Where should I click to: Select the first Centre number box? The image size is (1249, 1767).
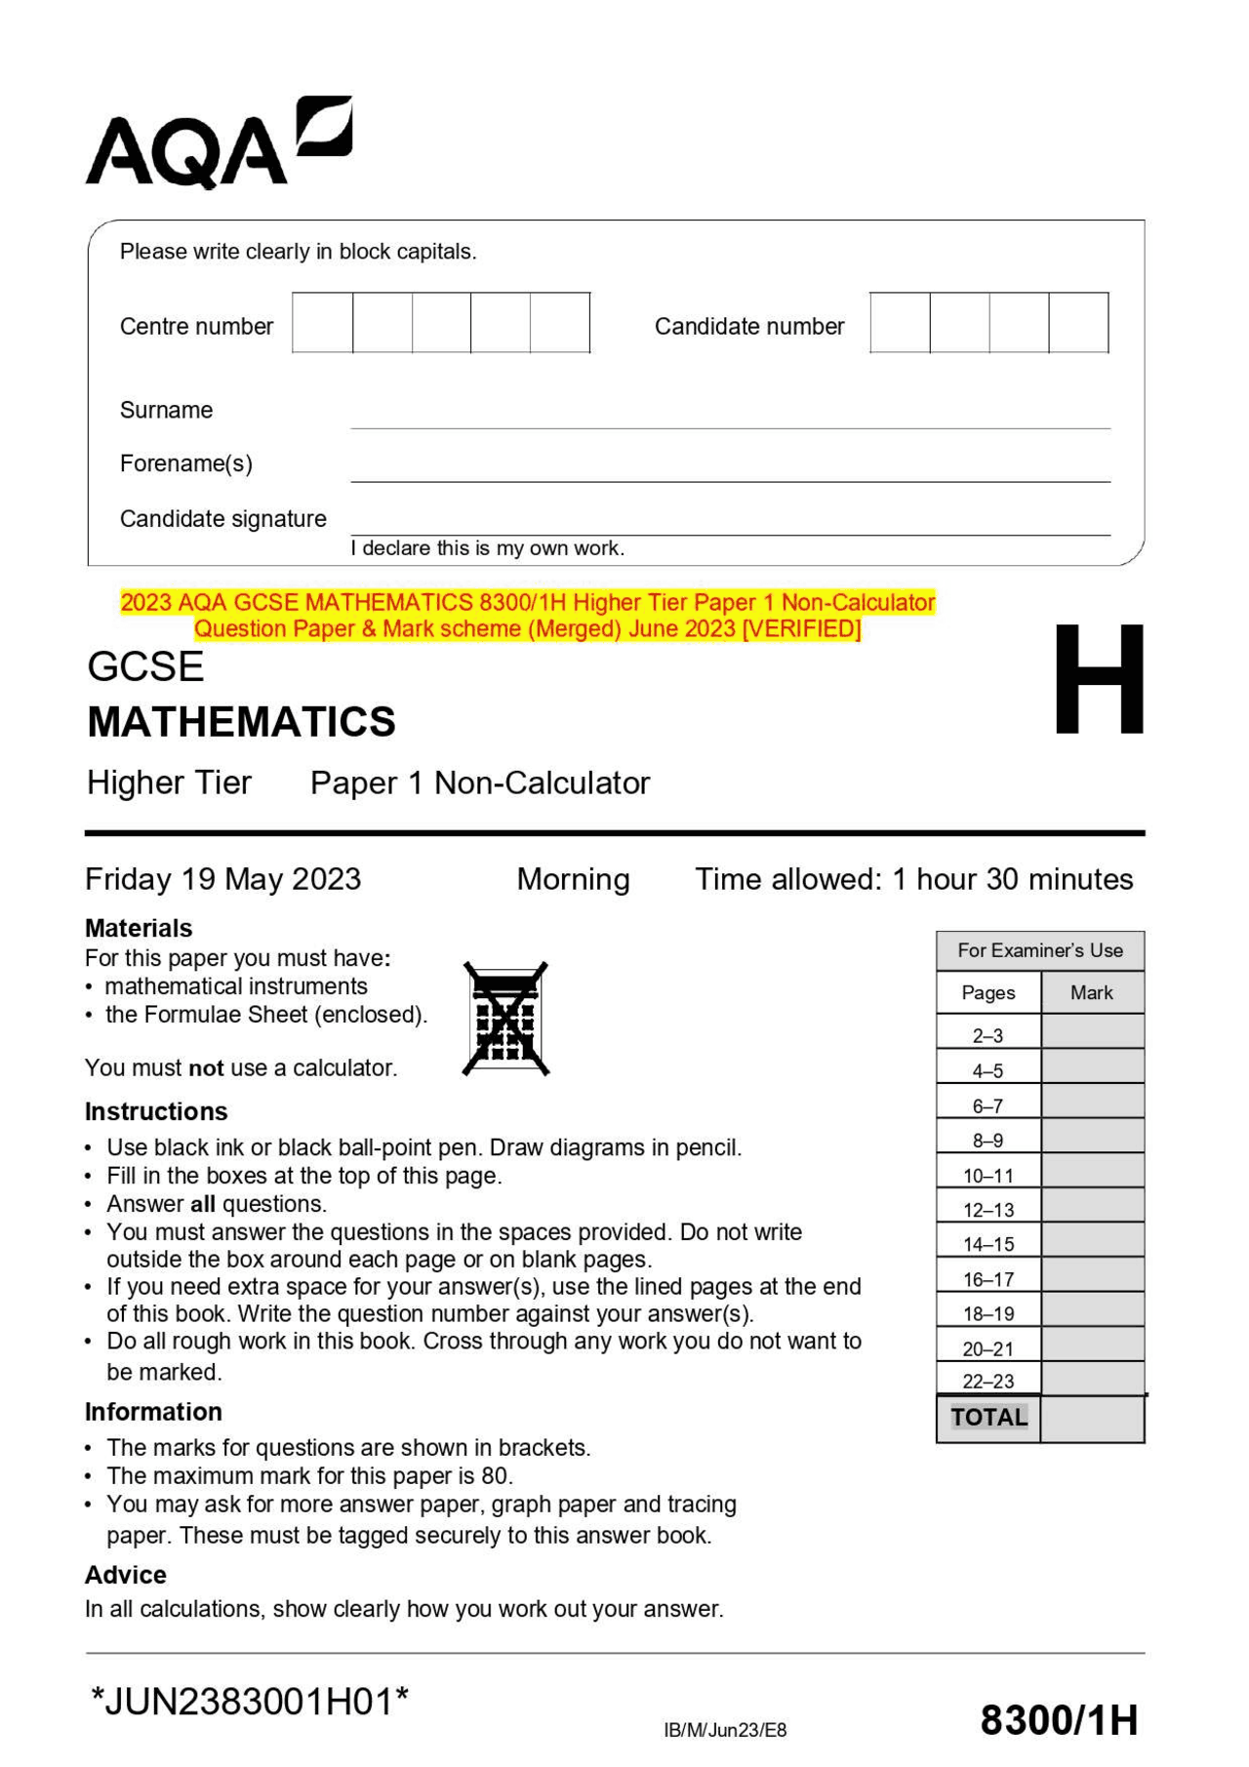point(323,323)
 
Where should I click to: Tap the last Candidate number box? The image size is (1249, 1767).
point(1078,323)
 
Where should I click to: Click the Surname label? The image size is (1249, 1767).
point(166,410)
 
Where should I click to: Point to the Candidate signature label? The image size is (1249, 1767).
point(222,518)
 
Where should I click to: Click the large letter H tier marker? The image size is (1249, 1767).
point(1099,679)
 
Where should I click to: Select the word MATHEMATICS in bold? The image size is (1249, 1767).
point(241,722)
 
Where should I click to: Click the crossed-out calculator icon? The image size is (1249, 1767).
point(505,1019)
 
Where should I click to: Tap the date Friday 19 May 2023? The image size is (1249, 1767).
point(222,879)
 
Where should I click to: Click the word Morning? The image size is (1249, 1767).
point(573,879)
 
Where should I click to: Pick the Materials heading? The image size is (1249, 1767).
point(139,928)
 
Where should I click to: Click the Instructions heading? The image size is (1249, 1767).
point(156,1111)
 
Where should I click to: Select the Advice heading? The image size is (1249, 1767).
point(125,1575)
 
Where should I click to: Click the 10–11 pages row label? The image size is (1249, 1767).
point(987,1176)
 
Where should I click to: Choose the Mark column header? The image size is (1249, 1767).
point(1091,992)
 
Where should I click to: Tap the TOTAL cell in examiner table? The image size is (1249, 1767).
point(988,1418)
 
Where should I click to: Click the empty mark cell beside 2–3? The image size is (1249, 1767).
point(1092,1032)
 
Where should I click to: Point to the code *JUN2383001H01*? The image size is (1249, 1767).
point(249,1702)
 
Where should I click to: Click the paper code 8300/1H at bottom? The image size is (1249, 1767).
point(1059,1720)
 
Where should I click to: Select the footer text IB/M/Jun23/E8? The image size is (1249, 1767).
point(725,1730)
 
